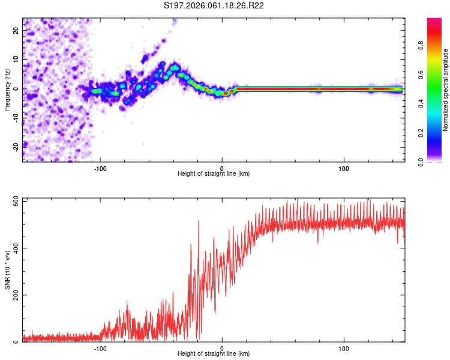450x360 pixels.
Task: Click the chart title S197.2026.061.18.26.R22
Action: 223,6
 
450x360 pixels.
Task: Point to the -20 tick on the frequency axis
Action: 16,146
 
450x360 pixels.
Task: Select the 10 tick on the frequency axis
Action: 16,60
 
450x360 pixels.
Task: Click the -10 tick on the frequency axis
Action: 16,118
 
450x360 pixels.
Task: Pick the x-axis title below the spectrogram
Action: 214,174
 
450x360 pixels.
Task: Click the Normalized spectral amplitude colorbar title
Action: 445,90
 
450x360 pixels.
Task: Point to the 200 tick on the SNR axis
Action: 16,295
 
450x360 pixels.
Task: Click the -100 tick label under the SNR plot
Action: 100,348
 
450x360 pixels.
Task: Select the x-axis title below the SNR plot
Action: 214,355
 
